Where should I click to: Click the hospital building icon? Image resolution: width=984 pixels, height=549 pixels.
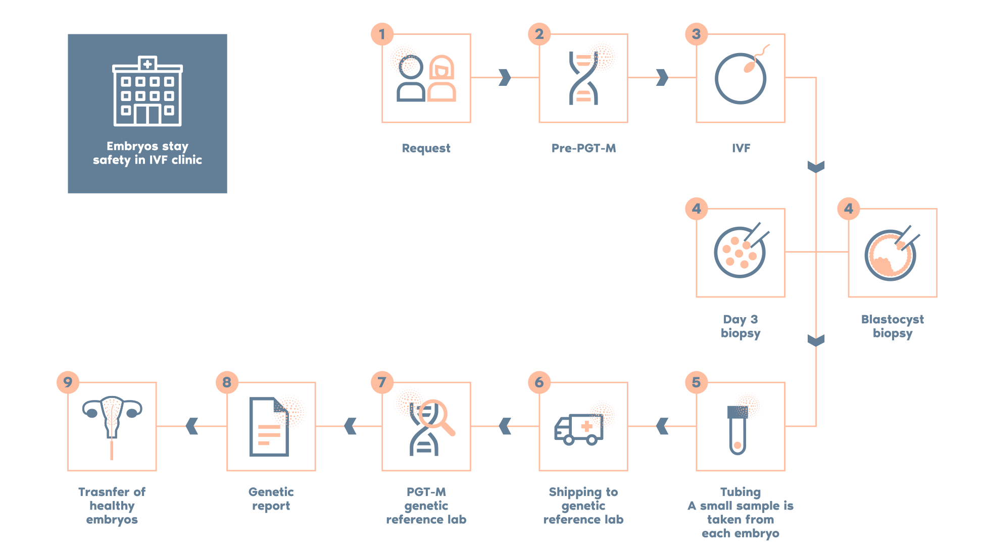147,91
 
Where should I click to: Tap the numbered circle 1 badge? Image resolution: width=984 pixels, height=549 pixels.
382,34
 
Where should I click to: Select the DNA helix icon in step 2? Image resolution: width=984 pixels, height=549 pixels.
583,78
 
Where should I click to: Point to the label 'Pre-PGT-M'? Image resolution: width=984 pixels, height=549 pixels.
583,148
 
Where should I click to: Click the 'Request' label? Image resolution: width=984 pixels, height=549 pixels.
426,148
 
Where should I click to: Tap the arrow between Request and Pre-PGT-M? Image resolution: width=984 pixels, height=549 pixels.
505,77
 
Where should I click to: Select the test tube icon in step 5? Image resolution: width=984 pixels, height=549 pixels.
737,430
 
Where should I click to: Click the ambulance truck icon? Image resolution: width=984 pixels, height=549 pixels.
579,429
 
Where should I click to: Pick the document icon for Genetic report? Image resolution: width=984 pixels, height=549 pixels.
269,427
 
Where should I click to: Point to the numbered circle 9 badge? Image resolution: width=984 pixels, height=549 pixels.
68,382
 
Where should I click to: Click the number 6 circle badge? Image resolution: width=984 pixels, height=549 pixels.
539,382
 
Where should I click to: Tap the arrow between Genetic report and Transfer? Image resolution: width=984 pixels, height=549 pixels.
192,426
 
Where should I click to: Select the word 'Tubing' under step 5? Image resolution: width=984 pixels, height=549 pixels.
740,492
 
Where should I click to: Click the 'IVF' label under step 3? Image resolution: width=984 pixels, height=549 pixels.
741,148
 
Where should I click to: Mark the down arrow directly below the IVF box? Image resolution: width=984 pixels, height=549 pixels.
816,167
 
